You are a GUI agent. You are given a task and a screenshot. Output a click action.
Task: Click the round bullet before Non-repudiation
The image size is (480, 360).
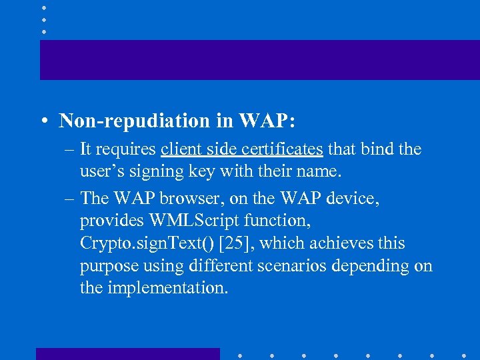[43, 121]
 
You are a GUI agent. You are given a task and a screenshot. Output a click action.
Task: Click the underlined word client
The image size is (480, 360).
[181, 149]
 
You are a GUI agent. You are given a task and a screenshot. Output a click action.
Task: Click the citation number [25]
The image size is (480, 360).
[235, 243]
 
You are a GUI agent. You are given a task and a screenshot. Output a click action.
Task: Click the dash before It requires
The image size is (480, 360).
[69, 149]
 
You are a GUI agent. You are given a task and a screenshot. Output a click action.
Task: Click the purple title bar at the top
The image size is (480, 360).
[259, 59]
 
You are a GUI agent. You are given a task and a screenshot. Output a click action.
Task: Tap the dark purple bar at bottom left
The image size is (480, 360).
[127, 353]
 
